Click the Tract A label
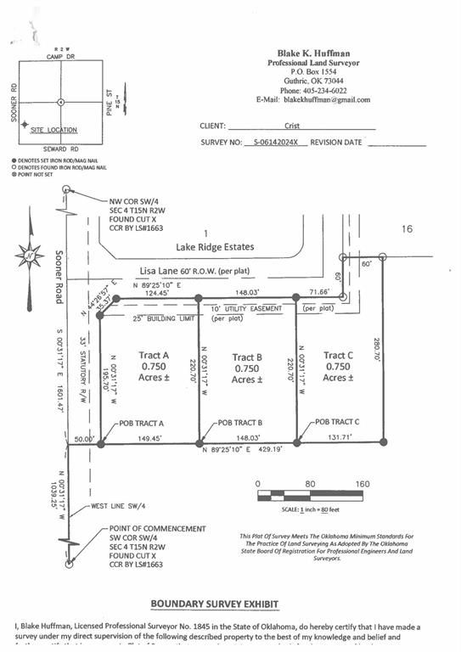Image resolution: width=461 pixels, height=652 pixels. click(x=154, y=355)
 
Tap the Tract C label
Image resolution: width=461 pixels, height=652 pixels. click(x=340, y=355)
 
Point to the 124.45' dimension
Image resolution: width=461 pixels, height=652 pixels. click(x=147, y=294)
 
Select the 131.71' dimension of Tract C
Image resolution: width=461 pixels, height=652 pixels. click(x=339, y=439)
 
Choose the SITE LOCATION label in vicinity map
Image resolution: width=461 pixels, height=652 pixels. click(x=53, y=130)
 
